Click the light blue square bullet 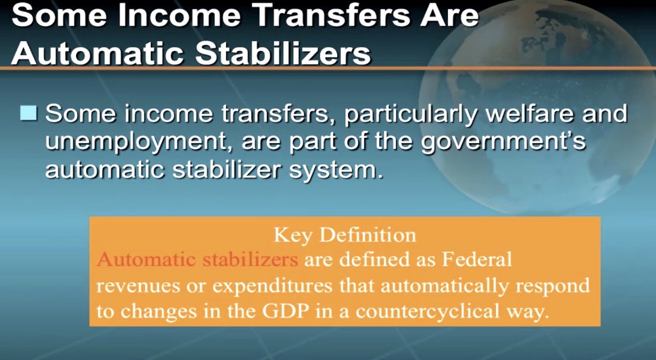click(29, 113)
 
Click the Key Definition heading click(345, 235)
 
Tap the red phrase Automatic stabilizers click(198, 259)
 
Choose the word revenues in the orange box click(138, 285)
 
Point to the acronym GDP click(285, 311)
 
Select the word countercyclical click(427, 311)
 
